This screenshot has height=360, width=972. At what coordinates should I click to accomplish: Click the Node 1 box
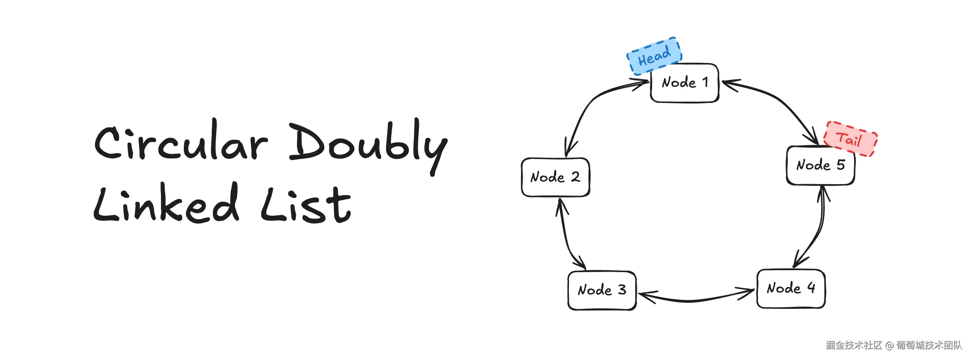pyautogui.click(x=684, y=83)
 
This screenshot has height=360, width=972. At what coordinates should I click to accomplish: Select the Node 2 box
pyautogui.click(x=555, y=177)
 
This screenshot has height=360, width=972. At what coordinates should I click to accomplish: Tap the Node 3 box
pyautogui.click(x=602, y=290)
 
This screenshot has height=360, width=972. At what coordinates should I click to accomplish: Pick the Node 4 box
pyautogui.click(x=791, y=289)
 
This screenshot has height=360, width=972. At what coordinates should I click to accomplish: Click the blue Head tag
pyautogui.click(x=654, y=56)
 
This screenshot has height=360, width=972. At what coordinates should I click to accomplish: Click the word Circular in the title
pyautogui.click(x=181, y=143)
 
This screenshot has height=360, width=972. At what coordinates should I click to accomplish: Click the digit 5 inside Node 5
pyautogui.click(x=841, y=165)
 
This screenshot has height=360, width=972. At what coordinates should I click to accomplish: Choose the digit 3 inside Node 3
pyautogui.click(x=622, y=290)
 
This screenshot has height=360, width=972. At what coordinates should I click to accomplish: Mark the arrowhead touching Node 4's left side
pyautogui.click(x=748, y=293)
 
